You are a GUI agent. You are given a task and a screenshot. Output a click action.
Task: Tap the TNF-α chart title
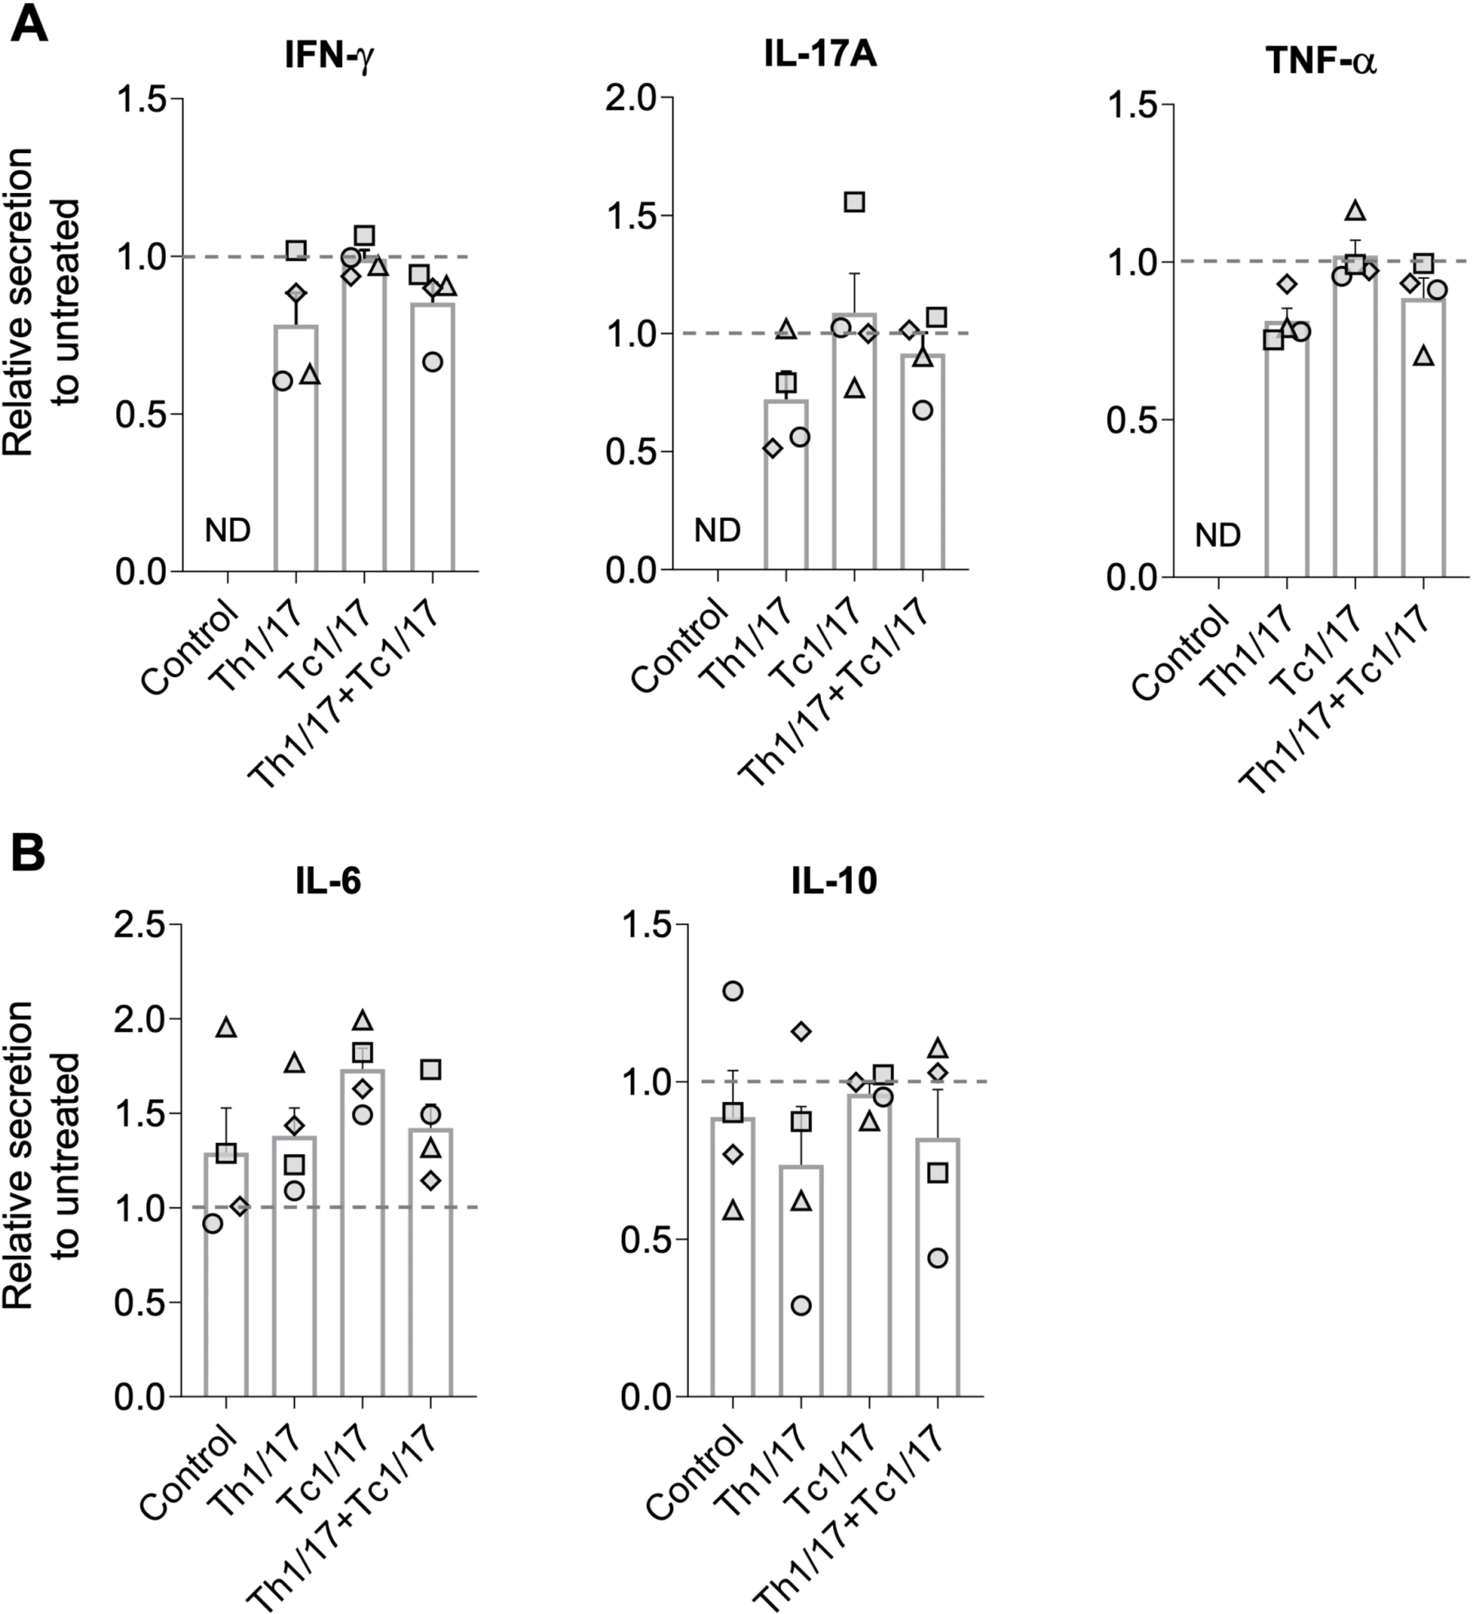(1322, 61)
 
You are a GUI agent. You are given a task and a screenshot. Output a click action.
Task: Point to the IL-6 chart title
(329, 882)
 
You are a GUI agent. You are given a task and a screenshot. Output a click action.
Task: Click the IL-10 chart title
(835, 882)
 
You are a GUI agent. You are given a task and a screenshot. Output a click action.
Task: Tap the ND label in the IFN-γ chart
(227, 531)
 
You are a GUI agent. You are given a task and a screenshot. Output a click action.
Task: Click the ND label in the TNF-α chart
(1218, 536)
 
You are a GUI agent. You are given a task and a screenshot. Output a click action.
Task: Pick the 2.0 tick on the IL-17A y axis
(630, 98)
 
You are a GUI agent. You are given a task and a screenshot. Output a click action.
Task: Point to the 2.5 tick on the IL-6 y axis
(139, 925)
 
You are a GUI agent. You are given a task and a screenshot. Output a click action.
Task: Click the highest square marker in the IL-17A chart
(854, 202)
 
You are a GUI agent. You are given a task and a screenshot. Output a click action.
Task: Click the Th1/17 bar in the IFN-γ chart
(295, 447)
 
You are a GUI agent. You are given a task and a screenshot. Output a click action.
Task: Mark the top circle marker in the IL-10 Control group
(732, 991)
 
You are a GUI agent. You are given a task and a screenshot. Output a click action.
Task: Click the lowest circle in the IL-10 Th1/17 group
(801, 1306)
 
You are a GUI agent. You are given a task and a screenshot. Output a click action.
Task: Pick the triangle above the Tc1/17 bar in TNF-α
(1355, 211)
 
